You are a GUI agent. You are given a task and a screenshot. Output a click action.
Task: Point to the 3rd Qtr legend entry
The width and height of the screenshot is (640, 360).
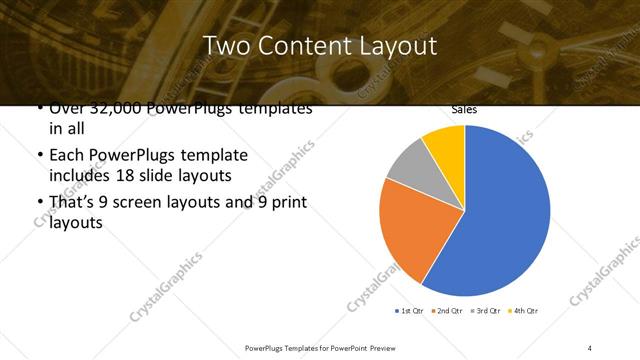(484, 311)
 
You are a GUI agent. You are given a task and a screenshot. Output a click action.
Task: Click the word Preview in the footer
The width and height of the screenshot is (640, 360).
(379, 347)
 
